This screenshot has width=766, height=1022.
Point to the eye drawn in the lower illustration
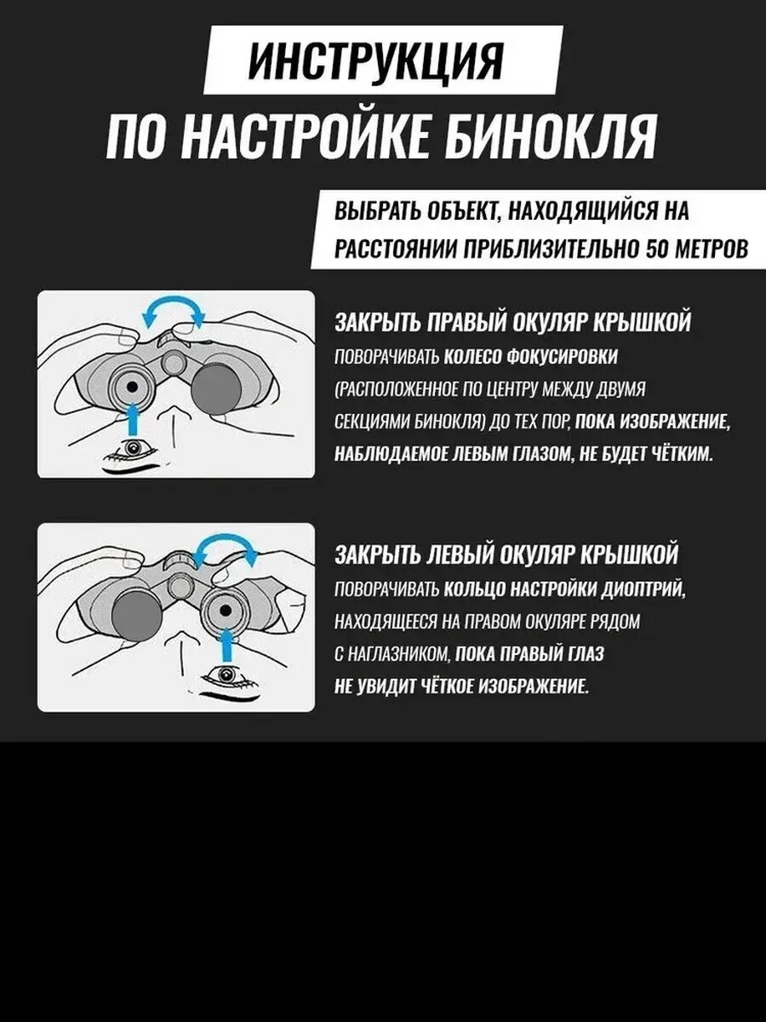[226, 675]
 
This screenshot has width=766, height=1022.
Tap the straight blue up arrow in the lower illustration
[226, 645]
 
